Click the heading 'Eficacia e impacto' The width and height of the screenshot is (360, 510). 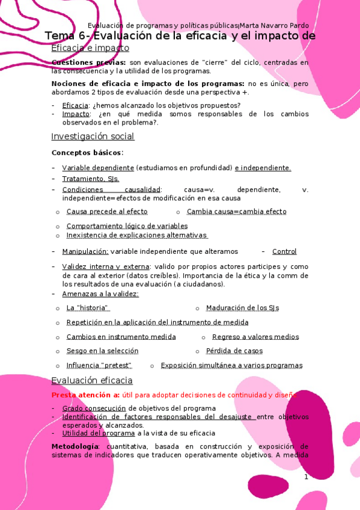(90, 48)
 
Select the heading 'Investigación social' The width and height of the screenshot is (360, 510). (93, 137)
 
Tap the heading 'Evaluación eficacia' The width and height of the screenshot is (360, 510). (92, 381)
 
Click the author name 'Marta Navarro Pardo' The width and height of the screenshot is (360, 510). (275, 25)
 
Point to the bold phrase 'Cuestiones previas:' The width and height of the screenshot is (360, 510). (89, 63)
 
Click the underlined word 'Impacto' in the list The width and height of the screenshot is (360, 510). (76, 114)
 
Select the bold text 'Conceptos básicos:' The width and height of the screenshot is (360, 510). (87, 153)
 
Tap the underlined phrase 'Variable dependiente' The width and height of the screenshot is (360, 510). (98, 168)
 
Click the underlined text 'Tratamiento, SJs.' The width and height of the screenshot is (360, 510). (91, 179)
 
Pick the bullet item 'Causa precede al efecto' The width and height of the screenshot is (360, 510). (107, 212)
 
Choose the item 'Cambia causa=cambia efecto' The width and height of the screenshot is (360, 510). (236, 212)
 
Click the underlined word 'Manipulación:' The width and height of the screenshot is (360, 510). (85, 251)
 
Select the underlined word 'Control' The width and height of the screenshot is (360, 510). (284, 251)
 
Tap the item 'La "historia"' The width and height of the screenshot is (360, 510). (88, 308)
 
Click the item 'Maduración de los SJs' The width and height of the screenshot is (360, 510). (242, 308)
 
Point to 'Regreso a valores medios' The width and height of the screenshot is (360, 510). (255, 337)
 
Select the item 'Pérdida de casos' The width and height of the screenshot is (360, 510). (234, 351)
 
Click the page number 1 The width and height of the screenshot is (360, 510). (306, 477)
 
